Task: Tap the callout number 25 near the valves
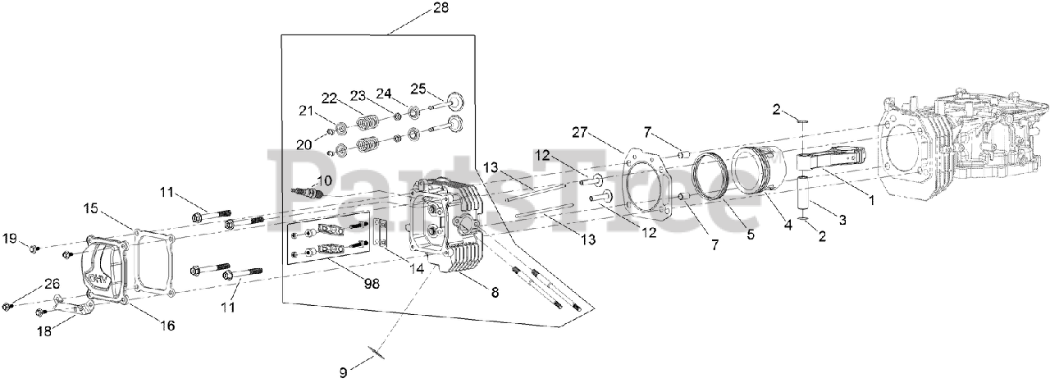click(418, 89)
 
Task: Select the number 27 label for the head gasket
click(581, 133)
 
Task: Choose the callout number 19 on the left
click(9, 239)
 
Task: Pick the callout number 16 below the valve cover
click(167, 326)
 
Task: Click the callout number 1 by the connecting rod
click(871, 199)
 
